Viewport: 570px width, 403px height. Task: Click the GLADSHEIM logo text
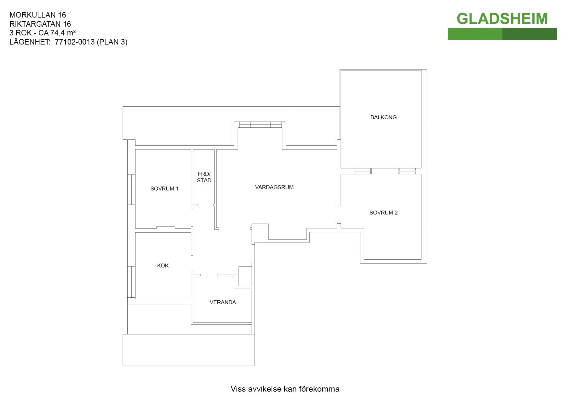(x=502, y=19)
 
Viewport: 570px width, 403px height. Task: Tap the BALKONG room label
(x=383, y=117)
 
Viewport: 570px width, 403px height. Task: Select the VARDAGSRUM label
(x=274, y=187)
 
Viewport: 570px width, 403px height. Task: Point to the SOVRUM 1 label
(x=164, y=188)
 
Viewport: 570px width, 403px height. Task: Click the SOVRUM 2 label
(x=383, y=213)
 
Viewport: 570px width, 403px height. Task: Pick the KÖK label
(x=163, y=266)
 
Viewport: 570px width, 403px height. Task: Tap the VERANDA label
(x=223, y=302)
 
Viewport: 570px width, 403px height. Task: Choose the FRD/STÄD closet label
(x=204, y=177)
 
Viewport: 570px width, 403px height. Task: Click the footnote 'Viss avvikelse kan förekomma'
(x=285, y=389)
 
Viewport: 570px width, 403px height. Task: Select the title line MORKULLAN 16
(x=38, y=15)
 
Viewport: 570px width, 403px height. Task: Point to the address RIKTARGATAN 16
(x=40, y=24)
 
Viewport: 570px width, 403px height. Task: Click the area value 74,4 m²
(x=63, y=33)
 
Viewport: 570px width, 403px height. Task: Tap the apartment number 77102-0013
(x=75, y=42)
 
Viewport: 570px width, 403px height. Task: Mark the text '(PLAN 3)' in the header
(x=112, y=42)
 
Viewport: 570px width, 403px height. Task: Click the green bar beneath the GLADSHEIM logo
(x=502, y=34)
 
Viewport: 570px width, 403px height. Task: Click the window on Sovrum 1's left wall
(x=131, y=189)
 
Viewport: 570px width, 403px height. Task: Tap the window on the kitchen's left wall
(x=131, y=282)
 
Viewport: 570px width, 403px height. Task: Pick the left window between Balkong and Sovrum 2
(x=363, y=171)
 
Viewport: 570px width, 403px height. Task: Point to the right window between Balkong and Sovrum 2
(x=407, y=171)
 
